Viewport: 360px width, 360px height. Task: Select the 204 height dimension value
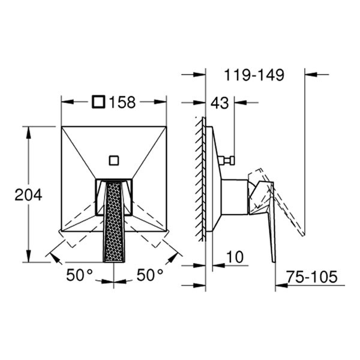pos(28,194)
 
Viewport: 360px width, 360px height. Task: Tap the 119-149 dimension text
pos(254,75)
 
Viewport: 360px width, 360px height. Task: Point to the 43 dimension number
pos(220,103)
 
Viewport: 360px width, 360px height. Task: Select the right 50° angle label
pos(149,275)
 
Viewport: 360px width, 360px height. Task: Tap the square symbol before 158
pos(99,103)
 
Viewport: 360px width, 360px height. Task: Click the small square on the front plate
pos(113,160)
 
